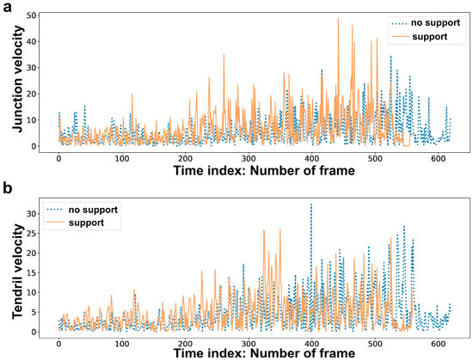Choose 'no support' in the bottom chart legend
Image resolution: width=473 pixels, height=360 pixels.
pyautogui.click(x=91, y=210)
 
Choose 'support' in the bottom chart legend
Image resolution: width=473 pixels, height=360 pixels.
pyautogui.click(x=85, y=223)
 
